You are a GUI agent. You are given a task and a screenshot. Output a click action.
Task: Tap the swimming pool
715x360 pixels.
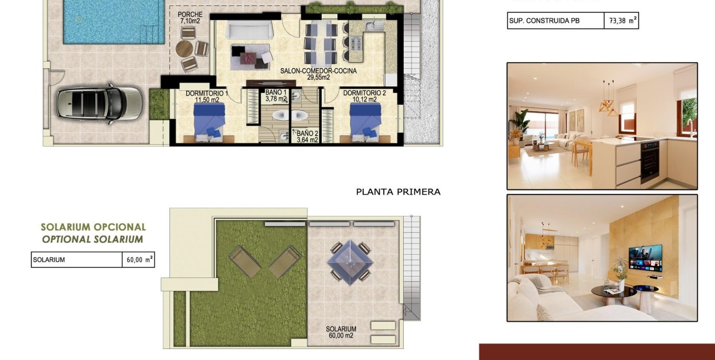tap(114, 21)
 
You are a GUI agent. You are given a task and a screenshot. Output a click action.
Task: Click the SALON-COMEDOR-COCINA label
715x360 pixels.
tap(318, 74)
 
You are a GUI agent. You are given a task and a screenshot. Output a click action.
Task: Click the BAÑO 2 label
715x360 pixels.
tap(307, 136)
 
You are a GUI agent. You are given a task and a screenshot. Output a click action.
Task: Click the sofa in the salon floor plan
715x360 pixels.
tap(248, 30)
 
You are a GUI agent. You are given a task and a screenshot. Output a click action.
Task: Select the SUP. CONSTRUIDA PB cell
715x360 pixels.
tap(555, 21)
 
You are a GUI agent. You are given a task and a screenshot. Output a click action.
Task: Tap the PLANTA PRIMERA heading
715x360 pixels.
tap(398, 192)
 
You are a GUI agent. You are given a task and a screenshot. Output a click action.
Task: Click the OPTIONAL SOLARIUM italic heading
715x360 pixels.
tap(92, 239)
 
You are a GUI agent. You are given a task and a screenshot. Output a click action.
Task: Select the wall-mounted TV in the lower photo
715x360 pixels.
tap(645, 258)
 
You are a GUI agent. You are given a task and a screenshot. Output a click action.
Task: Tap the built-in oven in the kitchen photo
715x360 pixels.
tap(650, 161)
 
